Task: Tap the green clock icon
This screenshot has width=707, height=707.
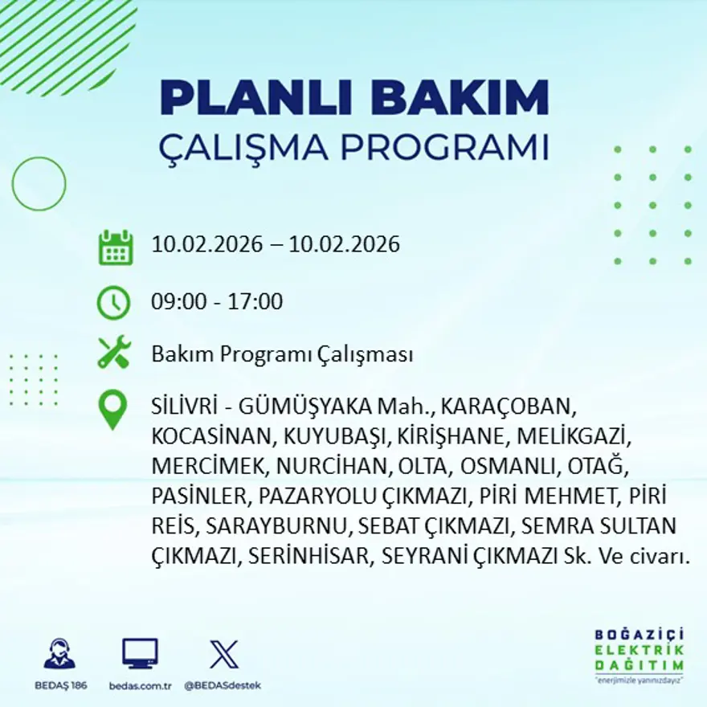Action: click(113, 303)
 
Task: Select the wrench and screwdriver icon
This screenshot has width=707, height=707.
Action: click(113, 353)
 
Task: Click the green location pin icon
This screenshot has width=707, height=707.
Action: click(112, 408)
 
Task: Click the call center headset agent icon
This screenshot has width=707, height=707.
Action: click(59, 654)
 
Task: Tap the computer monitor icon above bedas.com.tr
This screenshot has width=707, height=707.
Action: click(140, 653)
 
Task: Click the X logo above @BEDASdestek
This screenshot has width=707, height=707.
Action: click(223, 654)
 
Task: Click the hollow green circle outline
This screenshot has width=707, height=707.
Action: click(39, 184)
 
